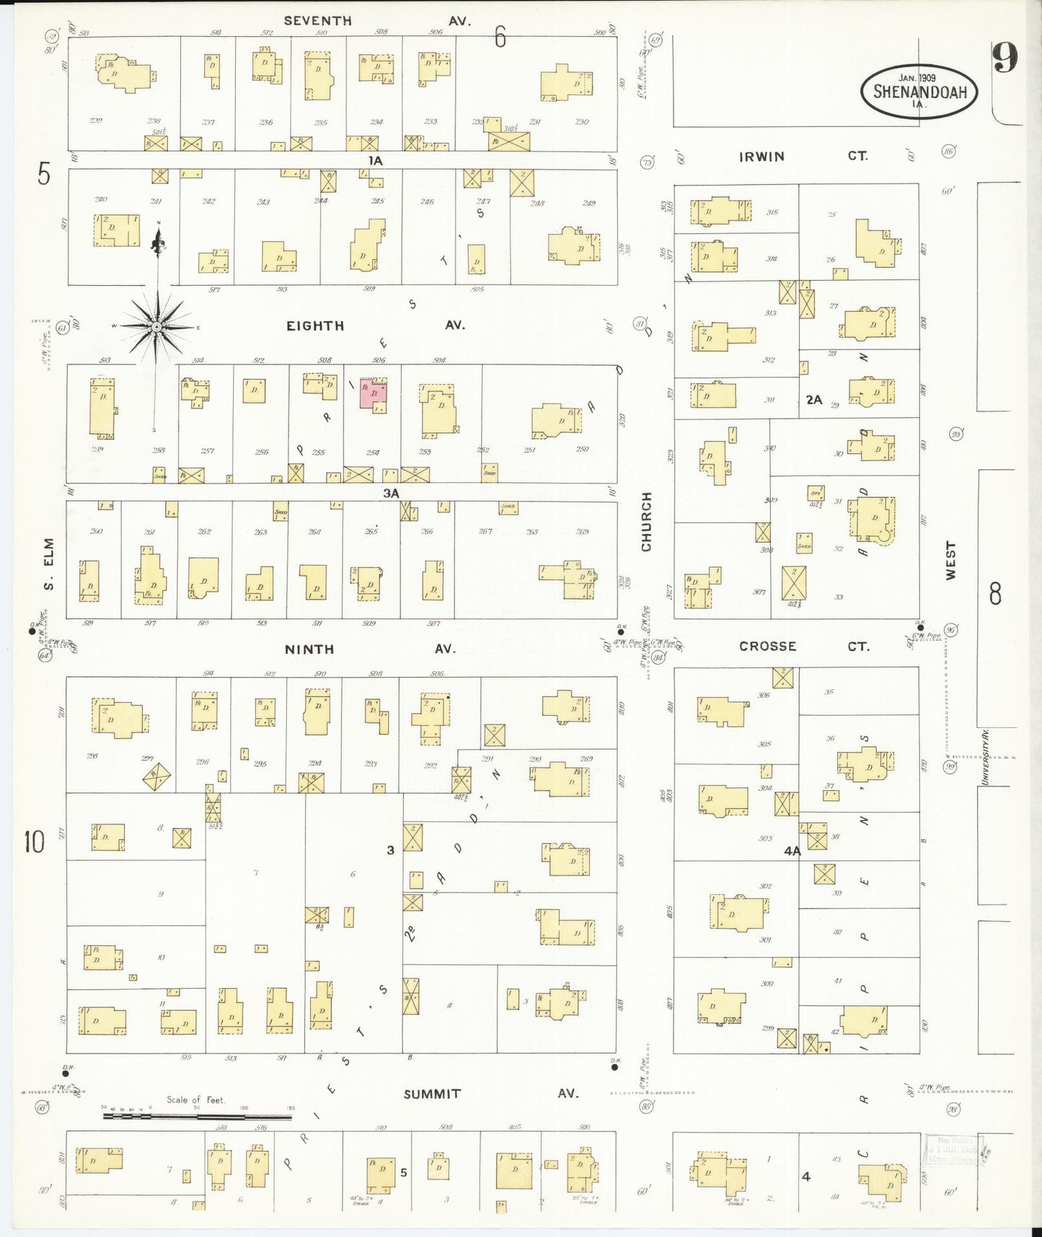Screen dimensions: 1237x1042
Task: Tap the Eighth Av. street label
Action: click(x=375, y=325)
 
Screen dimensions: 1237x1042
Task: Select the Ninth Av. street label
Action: click(x=369, y=649)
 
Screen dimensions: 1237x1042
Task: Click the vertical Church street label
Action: click(x=646, y=522)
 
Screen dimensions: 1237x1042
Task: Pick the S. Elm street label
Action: click(x=49, y=564)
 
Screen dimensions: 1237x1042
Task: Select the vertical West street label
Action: click(x=950, y=561)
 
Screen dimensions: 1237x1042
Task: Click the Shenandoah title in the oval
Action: click(x=919, y=92)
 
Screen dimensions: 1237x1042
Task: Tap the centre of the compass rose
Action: click(x=156, y=327)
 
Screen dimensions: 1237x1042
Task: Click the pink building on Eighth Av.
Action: click(x=373, y=395)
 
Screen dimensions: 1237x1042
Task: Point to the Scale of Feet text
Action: click(x=195, y=1100)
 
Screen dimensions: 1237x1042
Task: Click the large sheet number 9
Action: click(x=1005, y=57)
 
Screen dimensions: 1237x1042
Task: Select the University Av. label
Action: click(x=985, y=756)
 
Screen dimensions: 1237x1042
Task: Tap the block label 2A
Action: click(x=814, y=399)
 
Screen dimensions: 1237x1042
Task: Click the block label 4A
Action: click(x=792, y=851)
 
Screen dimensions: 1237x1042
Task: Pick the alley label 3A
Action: click(x=391, y=493)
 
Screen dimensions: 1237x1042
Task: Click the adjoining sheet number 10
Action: click(x=34, y=842)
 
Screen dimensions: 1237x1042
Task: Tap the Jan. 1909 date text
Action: click(x=917, y=77)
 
